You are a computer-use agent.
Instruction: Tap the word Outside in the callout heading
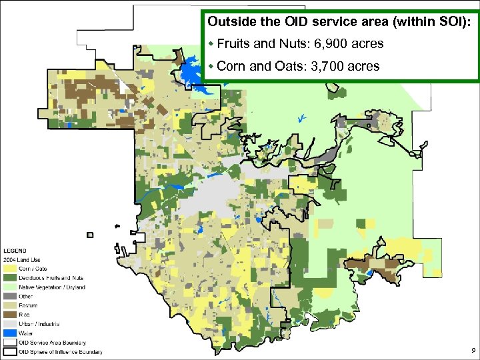[x=230, y=21]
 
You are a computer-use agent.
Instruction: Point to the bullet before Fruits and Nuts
[x=211, y=44]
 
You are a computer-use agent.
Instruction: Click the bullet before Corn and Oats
[x=211, y=66]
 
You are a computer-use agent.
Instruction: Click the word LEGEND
[x=16, y=251]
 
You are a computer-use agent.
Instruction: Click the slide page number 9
[x=472, y=350]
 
